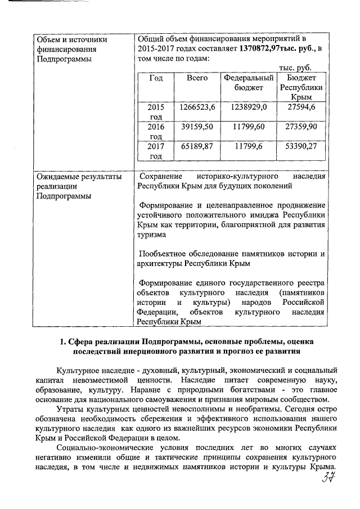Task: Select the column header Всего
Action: pyautogui.click(x=197, y=78)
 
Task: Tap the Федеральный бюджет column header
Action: pyautogui.click(x=248, y=83)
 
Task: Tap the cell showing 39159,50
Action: pyautogui.click(x=197, y=127)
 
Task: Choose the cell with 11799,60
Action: pyautogui.click(x=248, y=127)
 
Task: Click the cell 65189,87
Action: pyautogui.click(x=197, y=147)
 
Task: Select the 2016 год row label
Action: pyautogui.click(x=155, y=132)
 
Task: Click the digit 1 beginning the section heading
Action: pyautogui.click(x=62, y=341)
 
